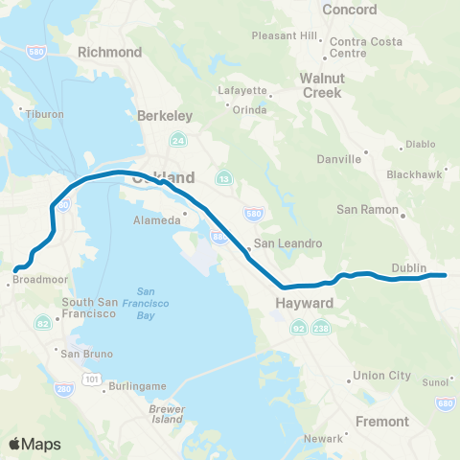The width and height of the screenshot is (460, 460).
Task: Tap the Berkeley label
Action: [165, 115]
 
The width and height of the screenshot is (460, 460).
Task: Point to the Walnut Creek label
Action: [321, 85]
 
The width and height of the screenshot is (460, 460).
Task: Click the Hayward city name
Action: [307, 303]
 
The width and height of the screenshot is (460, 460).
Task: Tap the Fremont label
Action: [381, 421]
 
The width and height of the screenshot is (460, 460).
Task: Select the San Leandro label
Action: [287, 243]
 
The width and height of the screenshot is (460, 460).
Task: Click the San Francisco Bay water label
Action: [146, 303]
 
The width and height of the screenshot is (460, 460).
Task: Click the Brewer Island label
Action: [167, 414]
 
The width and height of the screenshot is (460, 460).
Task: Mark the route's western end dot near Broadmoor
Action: [14, 269]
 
